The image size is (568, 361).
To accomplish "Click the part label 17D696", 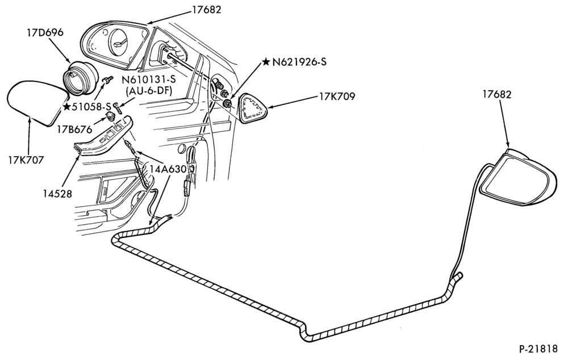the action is (x=45, y=32).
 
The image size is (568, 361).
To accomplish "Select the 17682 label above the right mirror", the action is (x=496, y=94).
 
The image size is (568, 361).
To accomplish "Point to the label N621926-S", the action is (x=299, y=62).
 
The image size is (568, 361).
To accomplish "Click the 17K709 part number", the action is (x=337, y=96).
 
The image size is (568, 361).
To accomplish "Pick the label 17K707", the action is (x=26, y=159).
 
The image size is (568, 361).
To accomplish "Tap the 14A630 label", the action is (x=168, y=169).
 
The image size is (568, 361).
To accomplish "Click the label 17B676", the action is (x=74, y=128).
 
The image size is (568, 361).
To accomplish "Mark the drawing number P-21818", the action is (x=538, y=349).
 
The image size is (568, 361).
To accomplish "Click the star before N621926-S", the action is (x=266, y=62).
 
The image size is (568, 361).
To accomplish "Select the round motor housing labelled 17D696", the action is (x=81, y=78).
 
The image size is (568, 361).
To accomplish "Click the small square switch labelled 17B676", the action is (x=110, y=116).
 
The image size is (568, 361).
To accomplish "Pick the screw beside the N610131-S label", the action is (x=118, y=107).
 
